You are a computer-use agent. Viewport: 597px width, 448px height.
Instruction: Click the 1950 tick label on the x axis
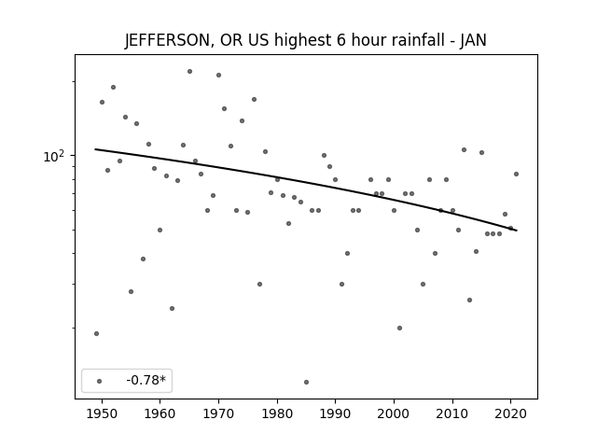click(102, 413)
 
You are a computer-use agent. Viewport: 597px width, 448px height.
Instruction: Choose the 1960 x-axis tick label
click(160, 413)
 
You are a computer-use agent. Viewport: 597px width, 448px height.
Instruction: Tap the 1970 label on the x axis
click(218, 413)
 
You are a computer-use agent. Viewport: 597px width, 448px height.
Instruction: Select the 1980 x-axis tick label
click(277, 413)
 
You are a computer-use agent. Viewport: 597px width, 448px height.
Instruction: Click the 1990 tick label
click(336, 413)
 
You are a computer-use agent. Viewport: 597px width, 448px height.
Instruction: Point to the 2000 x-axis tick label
click(394, 413)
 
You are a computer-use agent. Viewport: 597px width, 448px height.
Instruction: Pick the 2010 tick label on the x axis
click(452, 413)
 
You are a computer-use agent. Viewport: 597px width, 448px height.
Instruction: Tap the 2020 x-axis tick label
click(511, 413)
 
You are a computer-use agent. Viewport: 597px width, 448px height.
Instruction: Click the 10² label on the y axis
click(54, 156)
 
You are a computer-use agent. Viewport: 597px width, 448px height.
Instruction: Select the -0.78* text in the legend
click(146, 380)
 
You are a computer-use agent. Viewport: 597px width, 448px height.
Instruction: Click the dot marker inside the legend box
click(100, 381)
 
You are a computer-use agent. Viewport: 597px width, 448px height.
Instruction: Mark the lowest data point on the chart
click(307, 382)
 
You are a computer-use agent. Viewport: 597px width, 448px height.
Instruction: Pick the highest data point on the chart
click(189, 71)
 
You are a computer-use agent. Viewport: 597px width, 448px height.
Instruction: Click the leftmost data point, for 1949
click(96, 334)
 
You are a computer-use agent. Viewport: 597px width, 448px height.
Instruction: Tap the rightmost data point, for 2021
click(516, 175)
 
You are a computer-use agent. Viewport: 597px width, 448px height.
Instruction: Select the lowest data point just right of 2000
click(399, 328)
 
